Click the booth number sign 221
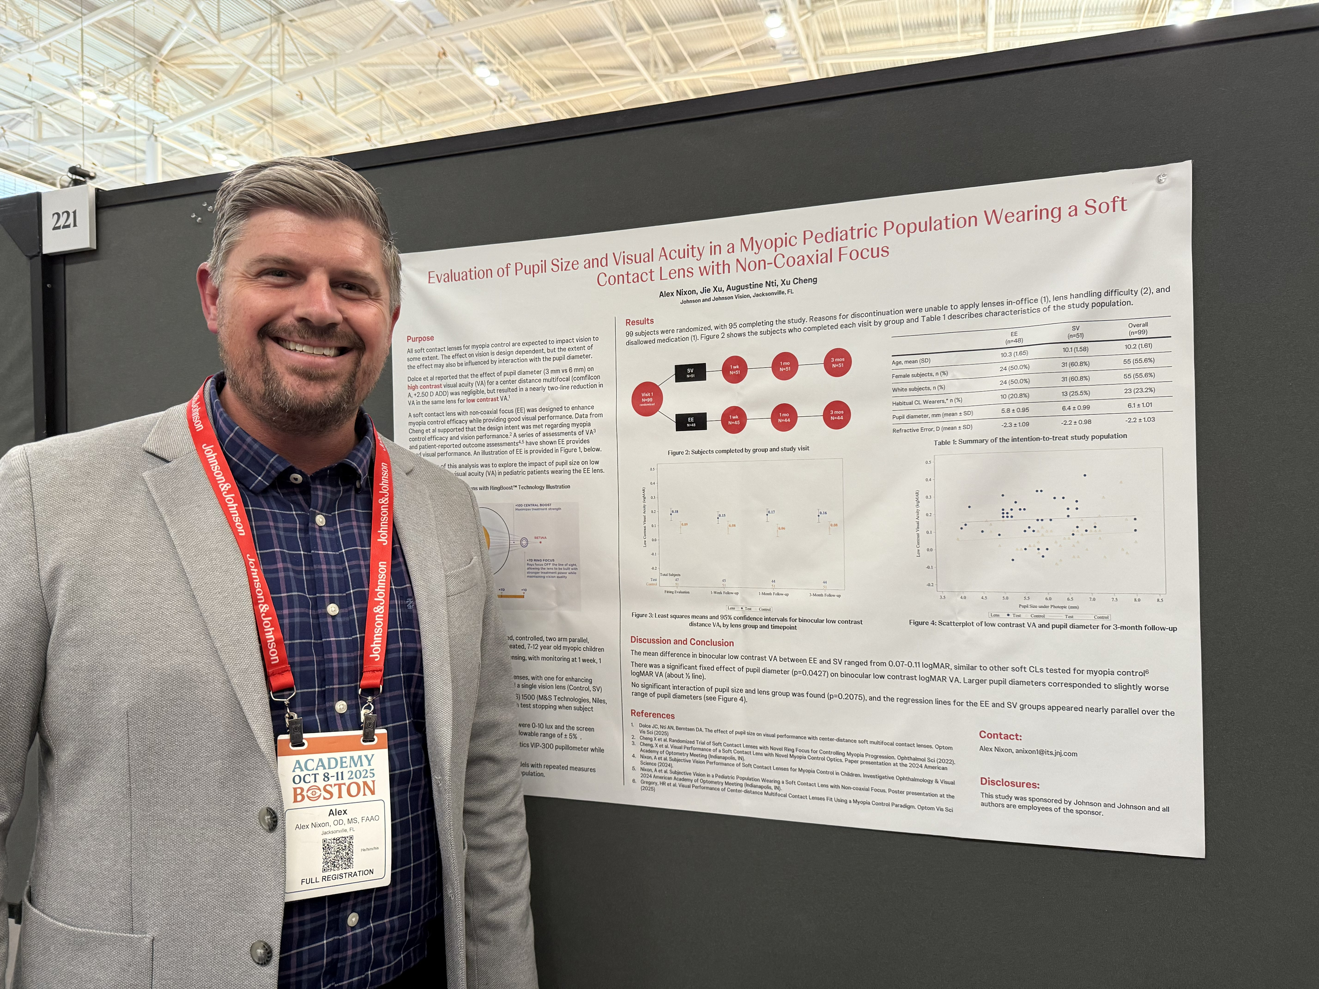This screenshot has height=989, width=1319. (64, 220)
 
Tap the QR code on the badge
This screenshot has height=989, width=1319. (338, 854)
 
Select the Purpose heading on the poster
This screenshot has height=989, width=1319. (421, 338)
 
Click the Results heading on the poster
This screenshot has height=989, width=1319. (639, 321)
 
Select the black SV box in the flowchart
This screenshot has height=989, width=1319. (690, 373)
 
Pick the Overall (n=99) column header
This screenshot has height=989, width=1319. (1138, 329)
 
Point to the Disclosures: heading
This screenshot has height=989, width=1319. (1010, 783)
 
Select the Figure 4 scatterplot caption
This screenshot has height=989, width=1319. (1042, 625)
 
